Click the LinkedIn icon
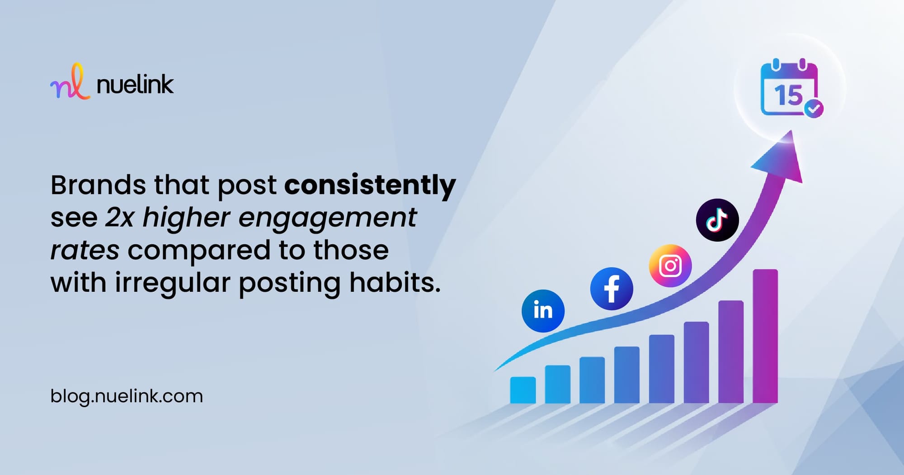[x=543, y=311]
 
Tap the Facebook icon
[x=612, y=289]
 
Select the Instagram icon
[x=670, y=266]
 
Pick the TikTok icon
[x=717, y=220]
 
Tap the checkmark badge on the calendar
[x=814, y=109]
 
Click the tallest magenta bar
[x=765, y=336]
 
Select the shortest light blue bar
[x=523, y=390]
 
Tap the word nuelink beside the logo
[x=135, y=85]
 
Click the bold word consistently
[x=370, y=185]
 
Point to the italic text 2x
[x=120, y=218]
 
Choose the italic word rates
[x=85, y=251]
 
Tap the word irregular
[x=173, y=283]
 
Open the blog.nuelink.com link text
[x=127, y=397]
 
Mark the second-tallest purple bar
[x=731, y=351]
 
